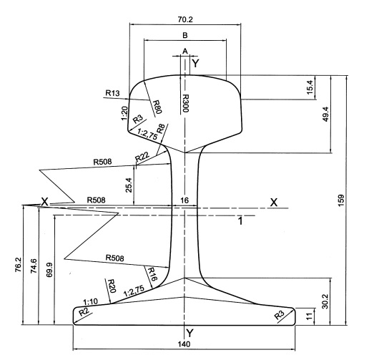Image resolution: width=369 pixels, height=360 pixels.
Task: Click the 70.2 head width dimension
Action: pyautogui.click(x=185, y=19)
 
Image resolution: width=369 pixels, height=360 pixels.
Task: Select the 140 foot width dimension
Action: pyautogui.click(x=184, y=344)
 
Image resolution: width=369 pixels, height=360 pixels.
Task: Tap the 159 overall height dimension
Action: pyautogui.click(x=341, y=200)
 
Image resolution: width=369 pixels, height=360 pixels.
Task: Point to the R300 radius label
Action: pyautogui.click(x=185, y=103)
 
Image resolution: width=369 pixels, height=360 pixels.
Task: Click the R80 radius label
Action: pyautogui.click(x=157, y=107)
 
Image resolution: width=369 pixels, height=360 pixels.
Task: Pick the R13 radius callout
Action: pyautogui.click(x=112, y=93)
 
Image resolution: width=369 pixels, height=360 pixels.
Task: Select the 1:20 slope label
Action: pyautogui.click(x=124, y=113)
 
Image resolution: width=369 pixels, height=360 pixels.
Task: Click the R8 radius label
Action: pyautogui.click(x=160, y=129)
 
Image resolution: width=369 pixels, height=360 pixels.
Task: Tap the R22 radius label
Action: pyautogui.click(x=142, y=157)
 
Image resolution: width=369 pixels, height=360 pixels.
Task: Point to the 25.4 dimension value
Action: pyautogui.click(x=129, y=185)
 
